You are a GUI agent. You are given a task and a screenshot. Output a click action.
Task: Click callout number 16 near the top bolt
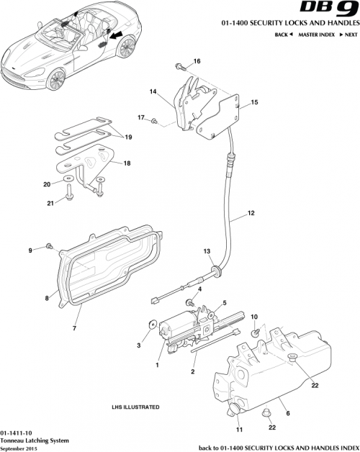(197, 60)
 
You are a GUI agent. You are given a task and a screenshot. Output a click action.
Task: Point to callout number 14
(153, 92)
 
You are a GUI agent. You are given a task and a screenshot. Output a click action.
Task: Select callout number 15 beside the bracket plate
(253, 103)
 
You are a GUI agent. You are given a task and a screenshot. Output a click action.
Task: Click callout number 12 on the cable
(251, 213)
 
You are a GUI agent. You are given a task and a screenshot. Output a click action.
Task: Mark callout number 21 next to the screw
(50, 204)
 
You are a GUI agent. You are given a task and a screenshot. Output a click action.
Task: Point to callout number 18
(127, 163)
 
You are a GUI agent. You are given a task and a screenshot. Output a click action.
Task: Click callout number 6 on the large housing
(287, 412)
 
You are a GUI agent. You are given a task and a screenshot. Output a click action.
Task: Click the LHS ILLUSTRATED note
(135, 407)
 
